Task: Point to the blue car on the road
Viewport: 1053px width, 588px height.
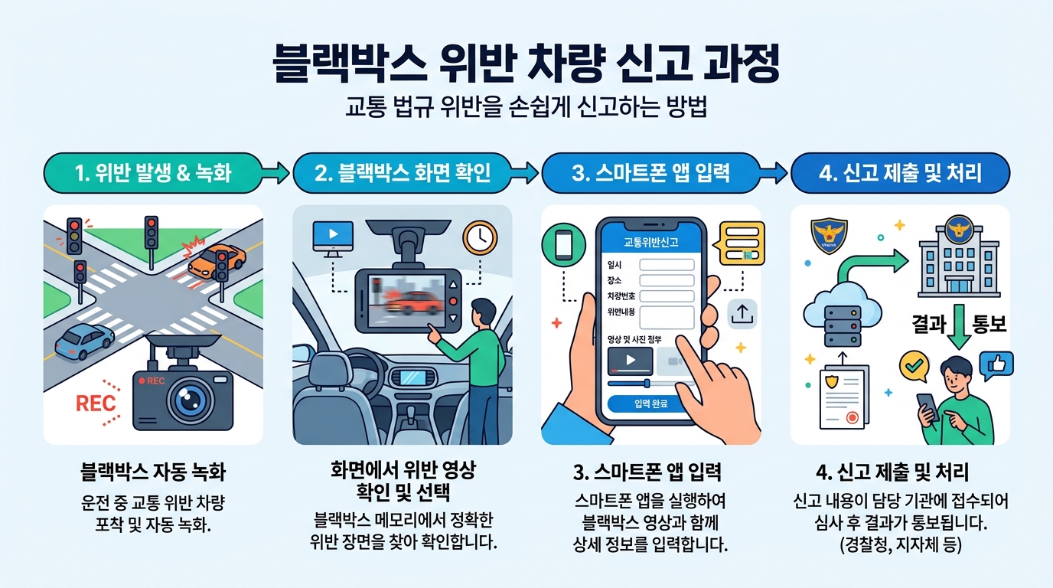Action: pos(84,341)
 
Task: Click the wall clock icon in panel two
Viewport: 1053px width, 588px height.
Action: pos(480,238)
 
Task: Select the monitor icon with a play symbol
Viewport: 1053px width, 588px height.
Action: pos(334,237)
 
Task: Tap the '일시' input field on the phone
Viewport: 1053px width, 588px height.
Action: pos(666,265)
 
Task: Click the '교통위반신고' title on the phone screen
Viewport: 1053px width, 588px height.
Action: pos(650,243)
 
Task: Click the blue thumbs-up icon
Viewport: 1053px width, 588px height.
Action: pos(1000,363)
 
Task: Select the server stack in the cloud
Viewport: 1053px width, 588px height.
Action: pos(844,325)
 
